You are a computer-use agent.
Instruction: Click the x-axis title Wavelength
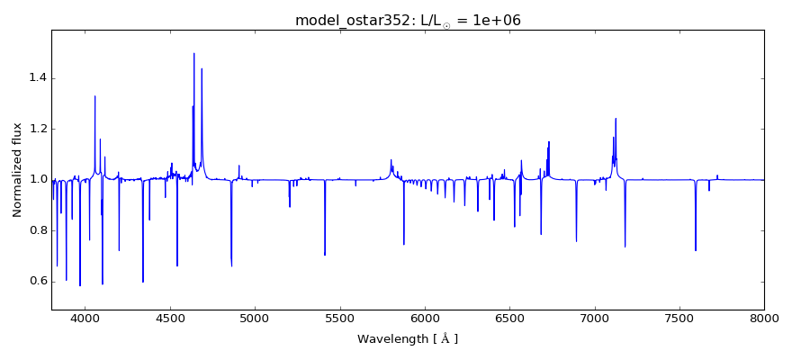(x=408, y=339)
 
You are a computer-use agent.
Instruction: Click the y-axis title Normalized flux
(x=17, y=169)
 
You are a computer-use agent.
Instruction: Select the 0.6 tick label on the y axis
(x=35, y=281)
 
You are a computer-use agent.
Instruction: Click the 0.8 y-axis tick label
(x=35, y=230)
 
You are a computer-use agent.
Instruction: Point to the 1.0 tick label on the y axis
(x=35, y=179)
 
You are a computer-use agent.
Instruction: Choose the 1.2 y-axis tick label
(x=35, y=129)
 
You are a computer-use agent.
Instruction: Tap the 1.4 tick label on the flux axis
(x=35, y=78)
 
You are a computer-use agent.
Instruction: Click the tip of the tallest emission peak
(x=193, y=53)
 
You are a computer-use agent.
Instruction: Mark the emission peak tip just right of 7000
(x=616, y=119)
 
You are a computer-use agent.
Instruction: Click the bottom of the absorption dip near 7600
(x=696, y=250)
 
